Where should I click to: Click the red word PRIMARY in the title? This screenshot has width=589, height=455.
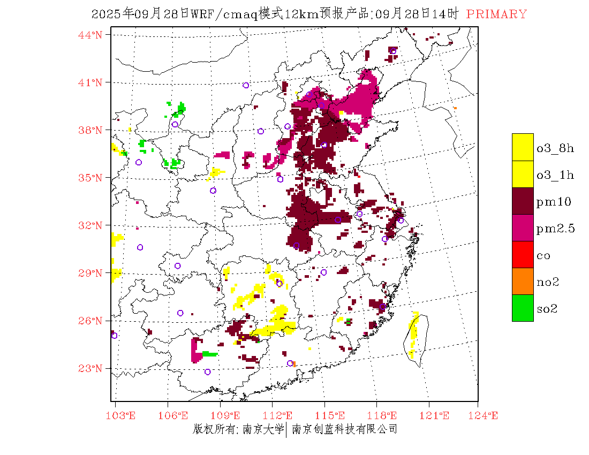coord(496,14)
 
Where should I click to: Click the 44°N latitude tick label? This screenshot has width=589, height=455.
coord(90,35)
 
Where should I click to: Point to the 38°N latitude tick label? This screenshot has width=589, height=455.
coord(90,130)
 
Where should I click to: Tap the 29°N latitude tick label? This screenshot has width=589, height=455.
coord(90,273)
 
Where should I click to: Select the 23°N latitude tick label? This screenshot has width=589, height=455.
coord(90,368)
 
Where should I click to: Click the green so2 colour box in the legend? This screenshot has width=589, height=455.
coord(523,308)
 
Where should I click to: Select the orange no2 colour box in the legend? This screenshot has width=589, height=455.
coord(523,281)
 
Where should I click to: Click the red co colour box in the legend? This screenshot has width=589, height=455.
coord(523,254)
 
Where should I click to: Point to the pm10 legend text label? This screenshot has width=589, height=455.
coord(553,202)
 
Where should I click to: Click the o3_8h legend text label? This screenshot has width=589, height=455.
coord(555,148)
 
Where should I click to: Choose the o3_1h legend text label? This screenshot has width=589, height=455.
coord(555,175)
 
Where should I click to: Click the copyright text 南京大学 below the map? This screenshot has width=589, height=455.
coord(262,429)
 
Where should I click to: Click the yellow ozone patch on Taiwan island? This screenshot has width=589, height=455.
coord(413,332)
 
